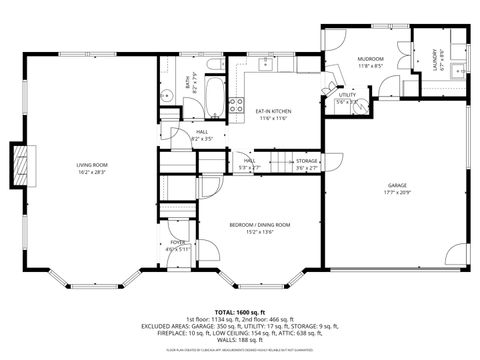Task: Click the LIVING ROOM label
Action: (x=91, y=164)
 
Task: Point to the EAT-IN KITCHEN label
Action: (x=273, y=112)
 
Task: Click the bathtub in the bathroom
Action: (x=215, y=99)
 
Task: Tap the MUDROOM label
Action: (x=371, y=59)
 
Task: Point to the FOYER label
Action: (x=178, y=242)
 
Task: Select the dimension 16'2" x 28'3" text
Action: (x=91, y=171)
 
